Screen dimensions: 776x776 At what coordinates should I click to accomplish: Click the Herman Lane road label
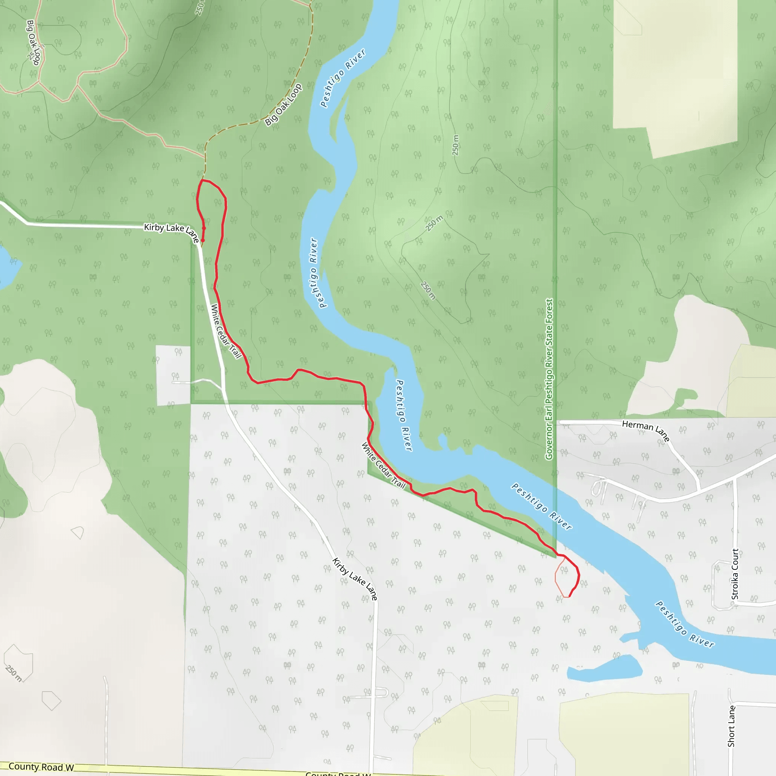coord(645,430)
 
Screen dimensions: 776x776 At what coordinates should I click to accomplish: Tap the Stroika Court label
coord(735,574)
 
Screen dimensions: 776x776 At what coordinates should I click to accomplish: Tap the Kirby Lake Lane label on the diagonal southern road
coord(355,579)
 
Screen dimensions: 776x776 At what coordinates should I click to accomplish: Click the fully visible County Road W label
coord(41,767)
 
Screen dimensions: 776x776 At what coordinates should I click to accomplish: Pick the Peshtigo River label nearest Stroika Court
coord(684,624)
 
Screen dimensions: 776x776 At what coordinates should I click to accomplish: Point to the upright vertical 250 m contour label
coord(455,145)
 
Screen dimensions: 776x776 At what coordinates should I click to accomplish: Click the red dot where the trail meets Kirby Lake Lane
coord(202,241)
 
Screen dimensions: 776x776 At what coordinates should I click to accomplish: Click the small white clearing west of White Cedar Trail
coord(173,374)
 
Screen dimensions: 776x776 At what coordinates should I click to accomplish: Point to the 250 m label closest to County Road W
coord(14,673)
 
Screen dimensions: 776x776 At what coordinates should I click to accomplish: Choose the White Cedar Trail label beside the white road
coord(226,332)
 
